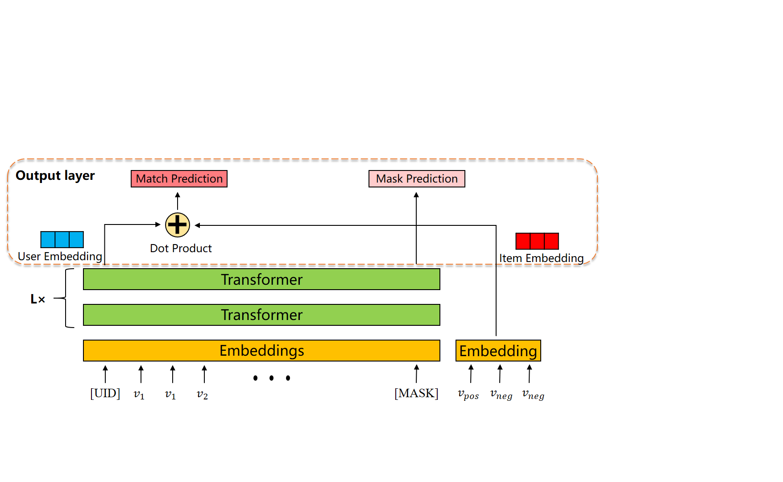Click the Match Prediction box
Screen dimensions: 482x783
[x=179, y=179]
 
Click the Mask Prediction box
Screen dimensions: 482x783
[x=417, y=179]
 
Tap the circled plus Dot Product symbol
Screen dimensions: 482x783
[x=178, y=225]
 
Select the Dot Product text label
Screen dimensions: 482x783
[x=181, y=248]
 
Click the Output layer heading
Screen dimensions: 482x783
[x=55, y=175]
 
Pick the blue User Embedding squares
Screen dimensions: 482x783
[x=62, y=240]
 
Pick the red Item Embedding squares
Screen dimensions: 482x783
[x=537, y=241]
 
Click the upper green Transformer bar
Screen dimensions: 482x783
[x=261, y=279]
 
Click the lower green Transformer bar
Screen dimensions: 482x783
[x=261, y=315]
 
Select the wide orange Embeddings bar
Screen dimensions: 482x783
[x=261, y=350]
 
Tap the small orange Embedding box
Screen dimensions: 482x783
[x=498, y=351]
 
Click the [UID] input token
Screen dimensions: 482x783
[x=105, y=393]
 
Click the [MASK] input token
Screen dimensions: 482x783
[x=416, y=393]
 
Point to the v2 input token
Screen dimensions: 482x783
[x=203, y=394]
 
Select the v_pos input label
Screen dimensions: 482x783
[x=468, y=395]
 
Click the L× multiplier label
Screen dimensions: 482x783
[x=38, y=299]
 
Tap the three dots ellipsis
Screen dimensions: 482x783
[x=271, y=378]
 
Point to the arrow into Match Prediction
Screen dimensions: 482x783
[x=178, y=201]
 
